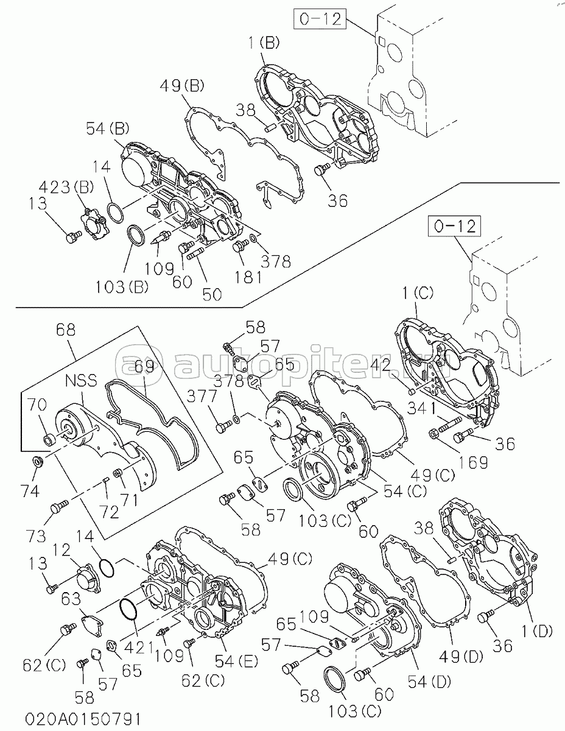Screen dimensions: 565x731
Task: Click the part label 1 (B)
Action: [x=264, y=43]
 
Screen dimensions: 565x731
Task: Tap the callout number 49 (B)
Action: [x=182, y=87]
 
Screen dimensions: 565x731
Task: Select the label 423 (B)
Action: [x=66, y=188]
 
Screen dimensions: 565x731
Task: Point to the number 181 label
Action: [x=248, y=278]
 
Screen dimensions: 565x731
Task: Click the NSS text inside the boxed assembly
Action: [x=81, y=381]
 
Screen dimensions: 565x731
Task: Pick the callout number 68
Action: [x=66, y=330]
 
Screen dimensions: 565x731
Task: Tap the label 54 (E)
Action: [x=237, y=662]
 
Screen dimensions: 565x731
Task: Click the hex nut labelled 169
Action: [x=434, y=434]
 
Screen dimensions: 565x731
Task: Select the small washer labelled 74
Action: [x=37, y=462]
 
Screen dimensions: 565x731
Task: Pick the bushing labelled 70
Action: [x=49, y=439]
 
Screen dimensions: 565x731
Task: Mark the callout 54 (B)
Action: [x=108, y=129]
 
